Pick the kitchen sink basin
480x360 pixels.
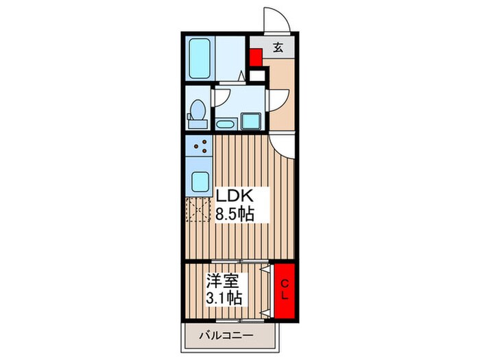(201, 182)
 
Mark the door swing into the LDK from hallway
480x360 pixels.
(283, 144)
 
